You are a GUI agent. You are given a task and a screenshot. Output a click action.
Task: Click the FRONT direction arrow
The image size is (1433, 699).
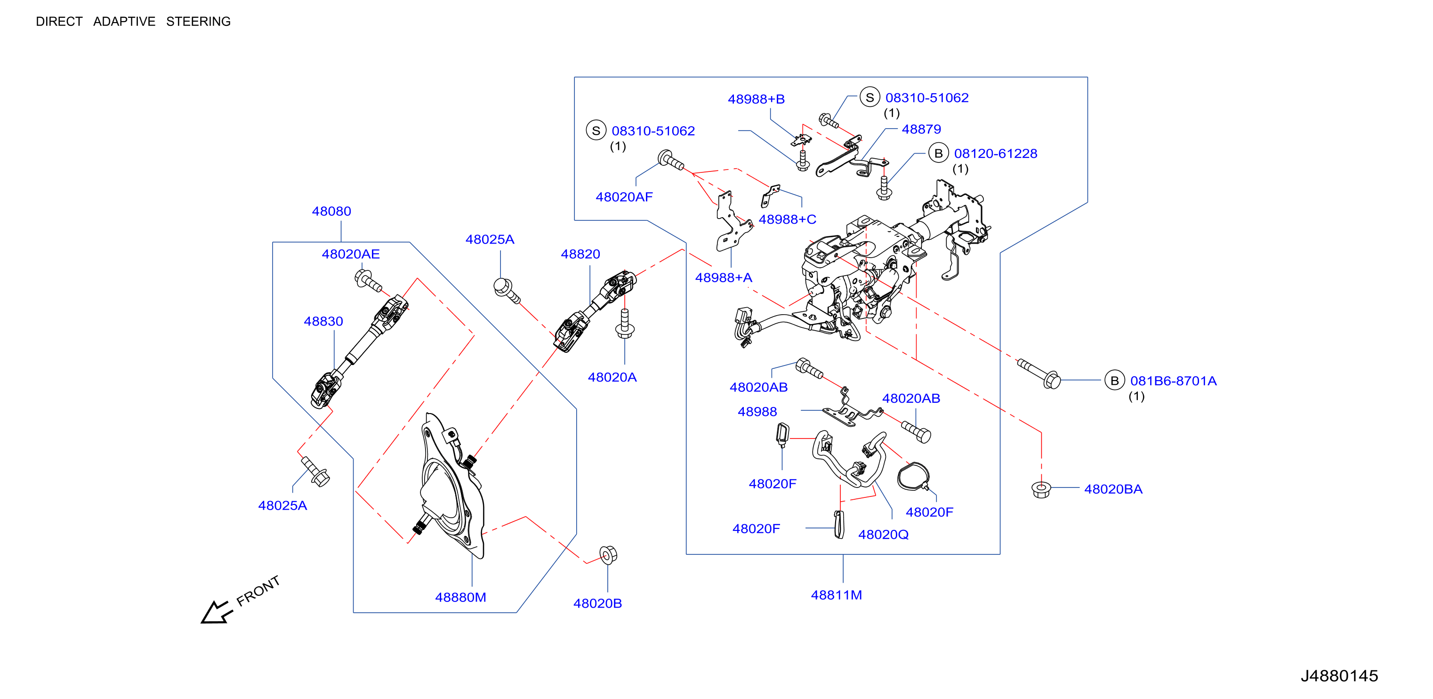[x=217, y=612]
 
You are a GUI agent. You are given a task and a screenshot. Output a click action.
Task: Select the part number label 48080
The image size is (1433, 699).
[x=331, y=211]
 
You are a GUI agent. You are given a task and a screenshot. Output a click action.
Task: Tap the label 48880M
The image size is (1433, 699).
[x=460, y=598]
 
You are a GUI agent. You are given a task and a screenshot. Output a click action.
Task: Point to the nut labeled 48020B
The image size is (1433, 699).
[x=608, y=555]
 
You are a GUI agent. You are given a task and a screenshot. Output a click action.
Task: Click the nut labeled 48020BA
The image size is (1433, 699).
[x=1041, y=490]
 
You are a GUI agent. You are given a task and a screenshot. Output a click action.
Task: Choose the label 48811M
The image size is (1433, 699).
[x=837, y=595]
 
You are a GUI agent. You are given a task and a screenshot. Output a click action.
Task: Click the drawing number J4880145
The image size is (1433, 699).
[x=1339, y=676]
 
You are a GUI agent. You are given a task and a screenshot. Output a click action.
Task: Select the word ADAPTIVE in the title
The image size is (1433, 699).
[x=124, y=22]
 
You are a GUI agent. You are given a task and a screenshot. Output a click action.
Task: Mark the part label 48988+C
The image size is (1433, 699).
[x=788, y=220]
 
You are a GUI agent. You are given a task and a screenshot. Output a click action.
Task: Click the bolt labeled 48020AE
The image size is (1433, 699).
[x=368, y=280]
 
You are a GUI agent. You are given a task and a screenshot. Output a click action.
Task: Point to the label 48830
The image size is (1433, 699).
[x=323, y=322]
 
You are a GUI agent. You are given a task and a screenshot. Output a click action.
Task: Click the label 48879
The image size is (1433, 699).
[x=922, y=130]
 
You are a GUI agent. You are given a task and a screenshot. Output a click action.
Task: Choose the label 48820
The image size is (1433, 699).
[x=580, y=254]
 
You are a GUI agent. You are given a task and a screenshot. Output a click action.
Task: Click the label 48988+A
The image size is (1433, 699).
[x=724, y=278]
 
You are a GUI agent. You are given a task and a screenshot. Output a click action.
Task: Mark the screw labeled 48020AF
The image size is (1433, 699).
[x=670, y=160]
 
